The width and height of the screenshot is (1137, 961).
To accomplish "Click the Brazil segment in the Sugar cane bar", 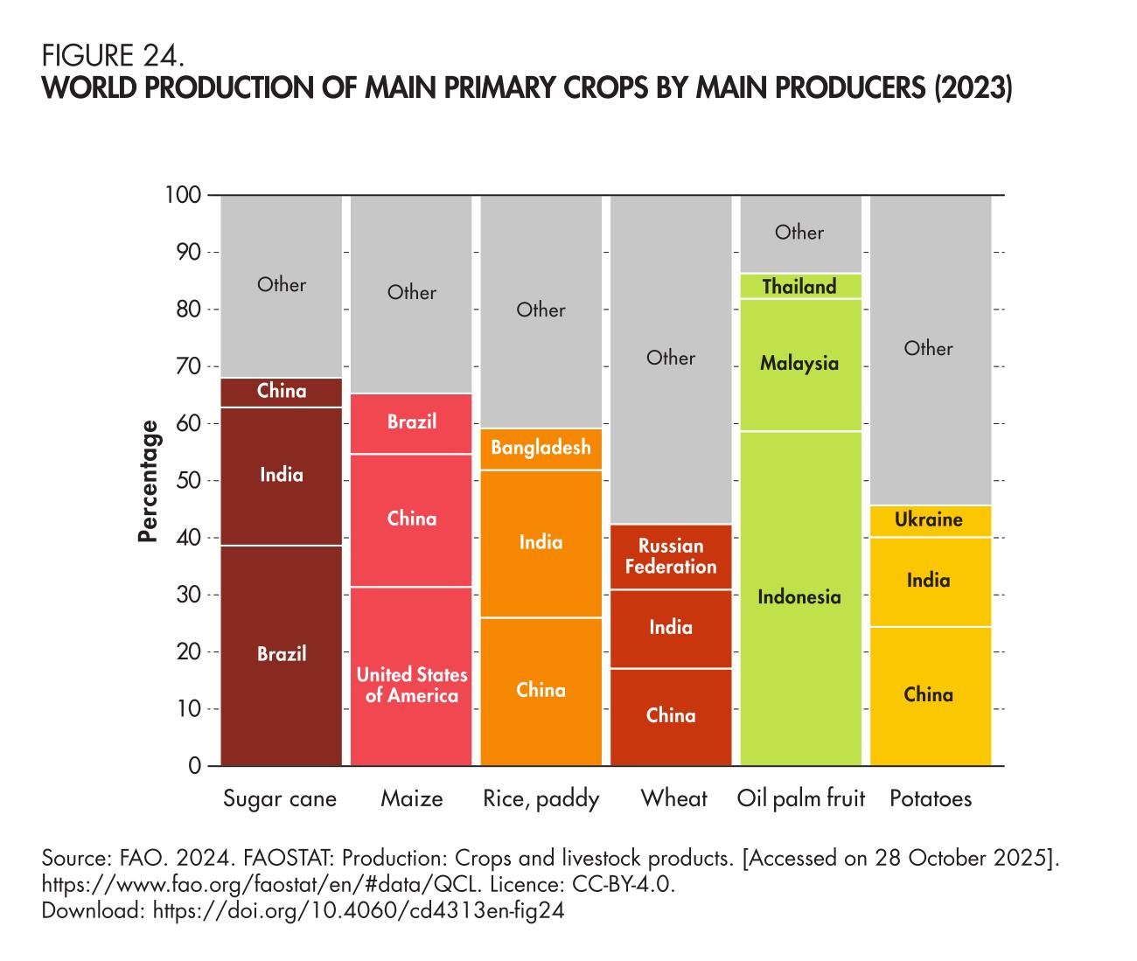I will [x=281, y=654].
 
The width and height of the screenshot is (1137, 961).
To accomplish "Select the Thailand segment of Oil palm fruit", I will [x=799, y=287].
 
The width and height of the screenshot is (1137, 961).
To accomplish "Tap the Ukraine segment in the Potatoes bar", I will [x=929, y=520].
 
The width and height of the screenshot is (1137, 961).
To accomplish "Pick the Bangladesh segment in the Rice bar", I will [x=541, y=448].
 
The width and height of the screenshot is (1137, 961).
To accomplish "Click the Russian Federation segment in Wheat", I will [x=671, y=556].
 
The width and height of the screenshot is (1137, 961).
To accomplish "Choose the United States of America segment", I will [x=411, y=686].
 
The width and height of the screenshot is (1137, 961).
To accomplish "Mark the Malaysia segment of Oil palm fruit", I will [x=799, y=364].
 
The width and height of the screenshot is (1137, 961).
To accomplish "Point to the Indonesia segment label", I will [x=799, y=597].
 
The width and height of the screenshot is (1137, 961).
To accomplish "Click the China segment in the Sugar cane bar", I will [x=282, y=391].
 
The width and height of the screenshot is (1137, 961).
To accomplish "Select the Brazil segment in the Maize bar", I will [x=411, y=422].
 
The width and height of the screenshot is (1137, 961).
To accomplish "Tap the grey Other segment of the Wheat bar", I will [x=671, y=358].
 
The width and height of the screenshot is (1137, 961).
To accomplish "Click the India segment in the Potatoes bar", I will [x=929, y=581].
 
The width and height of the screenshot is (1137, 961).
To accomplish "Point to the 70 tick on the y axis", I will [x=190, y=366].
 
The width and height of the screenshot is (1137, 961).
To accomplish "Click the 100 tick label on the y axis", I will [x=183, y=195].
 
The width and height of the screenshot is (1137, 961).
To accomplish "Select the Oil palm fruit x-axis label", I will [x=800, y=798].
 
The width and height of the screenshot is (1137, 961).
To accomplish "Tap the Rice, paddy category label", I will [x=541, y=798].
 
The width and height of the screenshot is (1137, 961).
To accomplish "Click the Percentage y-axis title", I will [x=150, y=481].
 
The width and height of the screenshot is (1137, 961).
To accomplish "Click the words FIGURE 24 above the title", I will [x=113, y=57].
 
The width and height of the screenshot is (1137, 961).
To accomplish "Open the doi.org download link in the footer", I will [x=358, y=911].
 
